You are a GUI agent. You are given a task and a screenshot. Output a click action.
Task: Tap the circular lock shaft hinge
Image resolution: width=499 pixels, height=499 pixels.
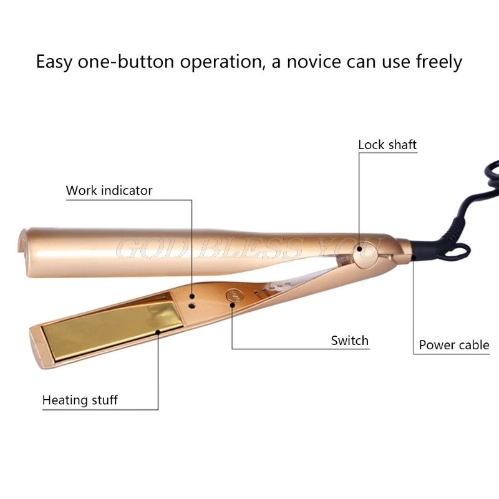[x=361, y=250]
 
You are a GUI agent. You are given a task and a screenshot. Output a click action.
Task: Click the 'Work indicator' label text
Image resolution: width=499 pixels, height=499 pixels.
[x=109, y=190]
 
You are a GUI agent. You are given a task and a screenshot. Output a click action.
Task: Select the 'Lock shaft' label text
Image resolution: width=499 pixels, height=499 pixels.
[x=387, y=145]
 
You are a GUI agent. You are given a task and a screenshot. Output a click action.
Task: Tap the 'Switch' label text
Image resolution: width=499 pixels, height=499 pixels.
[x=349, y=341]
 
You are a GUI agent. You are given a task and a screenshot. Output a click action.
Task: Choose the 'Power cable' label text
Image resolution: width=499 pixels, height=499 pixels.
[x=453, y=345]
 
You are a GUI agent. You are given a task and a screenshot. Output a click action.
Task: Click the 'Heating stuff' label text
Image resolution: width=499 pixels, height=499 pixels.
[x=79, y=400]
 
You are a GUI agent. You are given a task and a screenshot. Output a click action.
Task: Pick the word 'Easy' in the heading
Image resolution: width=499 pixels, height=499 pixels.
[x=57, y=62]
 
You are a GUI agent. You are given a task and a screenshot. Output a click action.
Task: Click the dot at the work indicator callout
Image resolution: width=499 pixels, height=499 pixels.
[x=191, y=298]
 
